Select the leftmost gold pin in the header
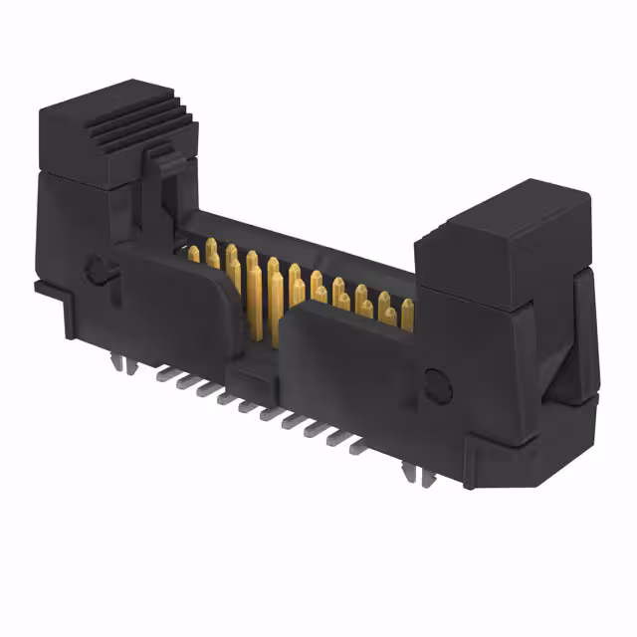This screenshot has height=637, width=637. [193, 255]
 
